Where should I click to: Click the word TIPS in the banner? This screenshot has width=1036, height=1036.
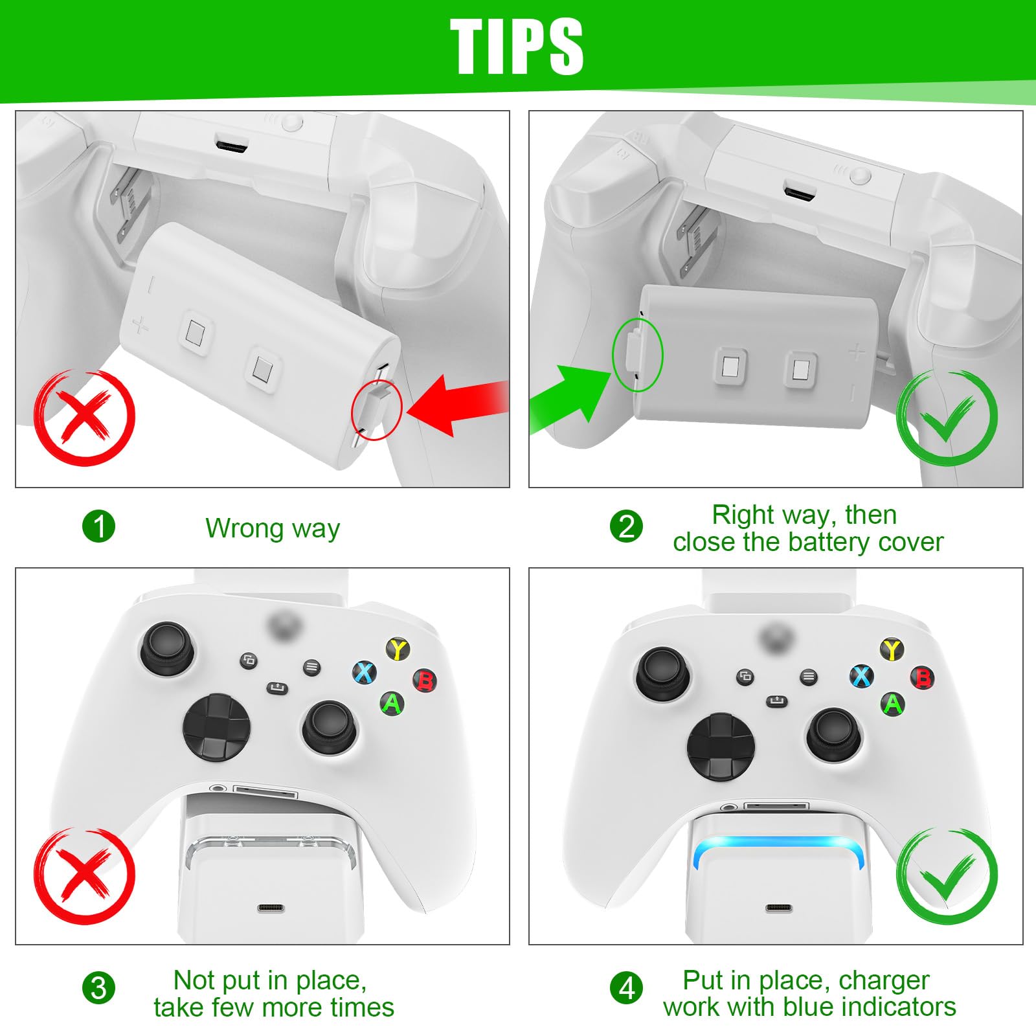[x=517, y=47]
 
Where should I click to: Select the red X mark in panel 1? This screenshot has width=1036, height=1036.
[x=84, y=418]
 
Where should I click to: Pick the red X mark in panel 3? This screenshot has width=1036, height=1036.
[x=84, y=874]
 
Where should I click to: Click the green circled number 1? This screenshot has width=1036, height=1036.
[x=98, y=526]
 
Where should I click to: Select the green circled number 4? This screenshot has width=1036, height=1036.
[x=627, y=988]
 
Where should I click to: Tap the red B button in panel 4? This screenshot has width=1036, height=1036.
[x=923, y=678]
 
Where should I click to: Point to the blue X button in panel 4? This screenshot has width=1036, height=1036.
[x=862, y=677]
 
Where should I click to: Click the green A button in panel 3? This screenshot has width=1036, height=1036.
[x=392, y=703]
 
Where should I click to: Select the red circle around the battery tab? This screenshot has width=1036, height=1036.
[x=377, y=410]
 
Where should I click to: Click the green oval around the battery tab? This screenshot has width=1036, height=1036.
[x=638, y=355]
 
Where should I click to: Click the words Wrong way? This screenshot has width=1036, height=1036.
[x=273, y=528]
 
